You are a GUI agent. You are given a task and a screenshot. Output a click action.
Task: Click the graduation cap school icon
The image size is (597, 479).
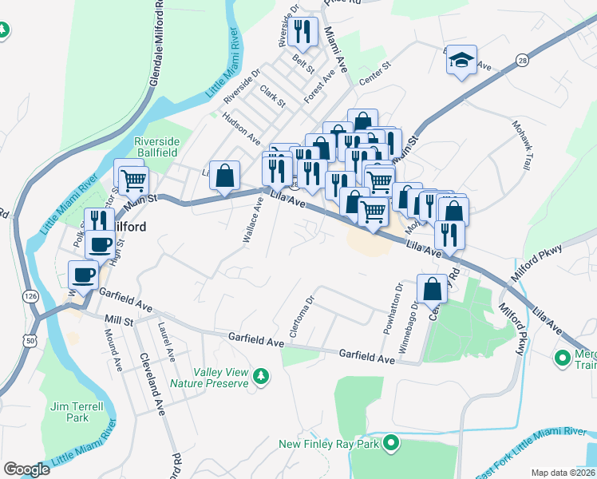click(x=461, y=60)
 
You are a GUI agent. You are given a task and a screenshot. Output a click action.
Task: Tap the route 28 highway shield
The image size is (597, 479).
click(x=521, y=60)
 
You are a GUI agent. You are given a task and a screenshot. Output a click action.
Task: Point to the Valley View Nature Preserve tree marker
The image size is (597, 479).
click(x=259, y=375)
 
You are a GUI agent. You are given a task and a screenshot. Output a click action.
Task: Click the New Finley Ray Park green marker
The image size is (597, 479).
click(x=390, y=442)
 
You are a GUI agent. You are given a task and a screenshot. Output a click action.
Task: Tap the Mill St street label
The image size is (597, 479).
click(x=118, y=319)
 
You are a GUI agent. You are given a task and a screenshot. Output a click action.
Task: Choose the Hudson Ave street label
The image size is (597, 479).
click(x=243, y=128)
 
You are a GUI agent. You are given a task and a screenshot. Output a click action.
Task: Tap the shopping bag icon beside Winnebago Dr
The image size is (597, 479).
click(x=432, y=288)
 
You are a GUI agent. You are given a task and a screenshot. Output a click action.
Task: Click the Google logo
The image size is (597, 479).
click(x=26, y=469)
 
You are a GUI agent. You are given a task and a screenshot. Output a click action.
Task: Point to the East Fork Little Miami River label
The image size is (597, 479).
click(x=538, y=432)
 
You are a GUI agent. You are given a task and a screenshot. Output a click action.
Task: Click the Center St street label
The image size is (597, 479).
click(x=374, y=73)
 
